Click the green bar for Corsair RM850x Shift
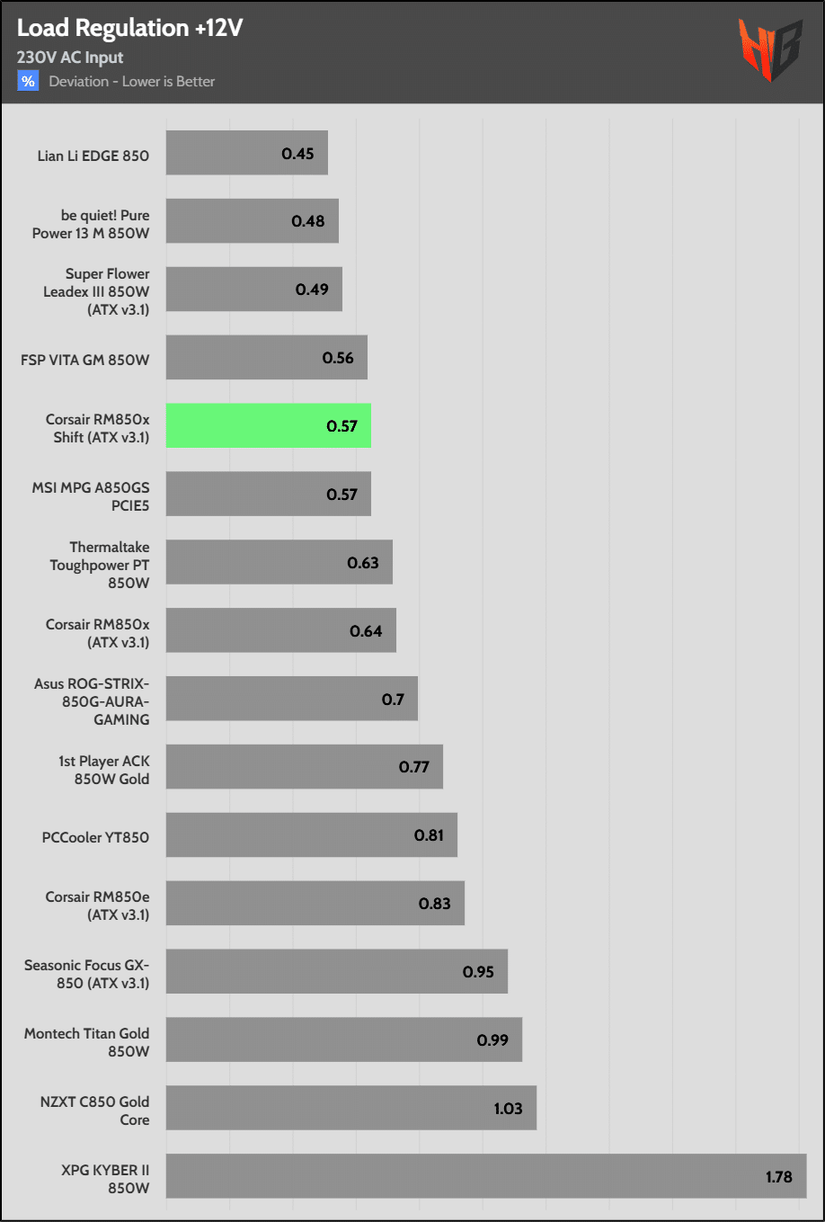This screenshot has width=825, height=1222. click(x=268, y=425)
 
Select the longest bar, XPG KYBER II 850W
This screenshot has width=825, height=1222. click(x=485, y=1176)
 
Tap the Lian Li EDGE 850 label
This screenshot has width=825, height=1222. click(x=93, y=156)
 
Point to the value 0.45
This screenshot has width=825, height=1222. click(x=297, y=154)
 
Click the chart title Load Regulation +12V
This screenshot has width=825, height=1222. click(x=130, y=29)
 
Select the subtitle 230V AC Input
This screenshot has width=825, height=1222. click(x=70, y=58)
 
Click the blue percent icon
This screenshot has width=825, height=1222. click(x=28, y=81)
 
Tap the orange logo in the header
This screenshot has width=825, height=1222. click(x=769, y=49)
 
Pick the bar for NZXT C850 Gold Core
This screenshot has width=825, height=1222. click(x=350, y=1108)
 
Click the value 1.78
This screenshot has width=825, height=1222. click(x=778, y=1176)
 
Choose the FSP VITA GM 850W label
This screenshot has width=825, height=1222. click(x=85, y=360)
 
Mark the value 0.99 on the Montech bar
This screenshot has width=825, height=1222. click(x=492, y=1039)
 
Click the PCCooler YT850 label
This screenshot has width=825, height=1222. click(x=95, y=837)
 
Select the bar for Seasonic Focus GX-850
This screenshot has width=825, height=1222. click(x=336, y=971)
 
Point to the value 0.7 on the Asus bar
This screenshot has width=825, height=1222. click(x=393, y=699)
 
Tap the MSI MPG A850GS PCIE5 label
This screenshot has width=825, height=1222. click(x=91, y=496)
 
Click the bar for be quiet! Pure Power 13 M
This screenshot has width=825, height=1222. click(x=252, y=221)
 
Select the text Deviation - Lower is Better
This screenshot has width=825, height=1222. click(x=132, y=82)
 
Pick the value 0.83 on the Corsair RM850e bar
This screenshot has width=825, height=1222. click(x=434, y=904)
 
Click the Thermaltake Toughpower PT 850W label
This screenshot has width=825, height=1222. click(x=100, y=565)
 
